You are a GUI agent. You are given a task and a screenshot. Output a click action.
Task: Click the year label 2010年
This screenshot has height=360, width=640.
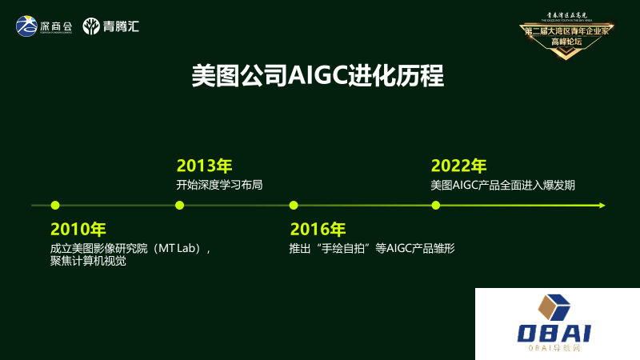pyautogui.click(x=78, y=229)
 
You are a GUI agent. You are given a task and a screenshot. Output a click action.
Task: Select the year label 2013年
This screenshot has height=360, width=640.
pyautogui.click(x=204, y=166)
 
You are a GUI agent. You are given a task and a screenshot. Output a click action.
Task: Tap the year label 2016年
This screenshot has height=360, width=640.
pyautogui.click(x=318, y=229)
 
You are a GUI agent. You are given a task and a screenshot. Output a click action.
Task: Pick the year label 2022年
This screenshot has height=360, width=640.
pyautogui.click(x=458, y=166)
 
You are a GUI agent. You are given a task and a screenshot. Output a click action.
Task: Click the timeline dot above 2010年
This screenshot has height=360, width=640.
pyautogui.click(x=54, y=206)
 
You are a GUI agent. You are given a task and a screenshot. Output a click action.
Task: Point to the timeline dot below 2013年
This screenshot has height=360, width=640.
pyautogui.click(x=179, y=206)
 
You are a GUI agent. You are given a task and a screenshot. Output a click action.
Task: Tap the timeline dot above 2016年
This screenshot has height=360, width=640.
pyautogui.click(x=294, y=206)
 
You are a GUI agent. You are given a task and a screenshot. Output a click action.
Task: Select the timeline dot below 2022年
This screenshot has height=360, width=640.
pyautogui.click(x=435, y=206)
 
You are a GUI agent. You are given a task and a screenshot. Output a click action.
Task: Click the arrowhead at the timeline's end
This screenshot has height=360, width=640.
pyautogui.click(x=602, y=206)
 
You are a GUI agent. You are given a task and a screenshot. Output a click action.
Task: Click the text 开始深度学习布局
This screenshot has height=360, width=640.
pyautogui.click(x=219, y=185)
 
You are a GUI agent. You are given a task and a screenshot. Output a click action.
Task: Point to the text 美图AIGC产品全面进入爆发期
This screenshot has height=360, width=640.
pyautogui.click(x=502, y=185)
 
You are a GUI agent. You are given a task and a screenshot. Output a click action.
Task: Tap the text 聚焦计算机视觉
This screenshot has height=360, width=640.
pyautogui.click(x=88, y=262)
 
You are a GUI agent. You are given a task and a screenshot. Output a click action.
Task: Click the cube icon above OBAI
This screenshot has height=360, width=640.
pyautogui.click(x=554, y=307)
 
